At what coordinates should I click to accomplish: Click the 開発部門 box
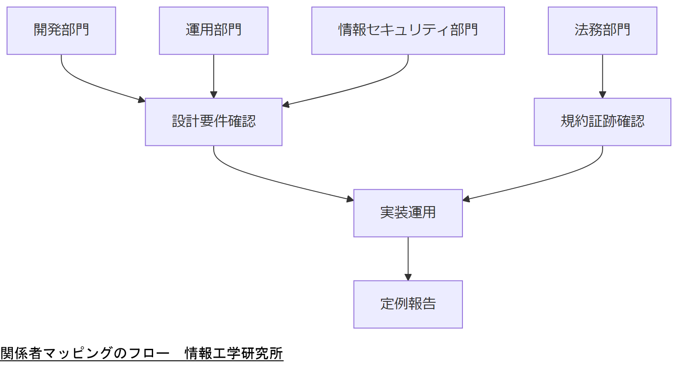pos(61,31)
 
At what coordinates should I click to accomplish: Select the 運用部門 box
pos(213,31)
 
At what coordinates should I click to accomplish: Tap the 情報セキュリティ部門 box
pos(408,31)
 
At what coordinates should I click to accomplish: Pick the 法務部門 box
pos(602,31)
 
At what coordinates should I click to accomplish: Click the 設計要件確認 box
pos(213,122)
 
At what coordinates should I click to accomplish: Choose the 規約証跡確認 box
pos(602,122)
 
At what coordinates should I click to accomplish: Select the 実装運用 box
pos(408,213)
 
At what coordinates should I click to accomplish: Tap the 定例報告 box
pos(408,304)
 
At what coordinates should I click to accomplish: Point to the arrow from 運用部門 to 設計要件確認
pos(214,75)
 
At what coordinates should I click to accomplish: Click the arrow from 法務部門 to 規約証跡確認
pos(602,75)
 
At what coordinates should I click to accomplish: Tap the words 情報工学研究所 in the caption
pos(234,353)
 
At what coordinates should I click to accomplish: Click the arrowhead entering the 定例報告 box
pos(408,277)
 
